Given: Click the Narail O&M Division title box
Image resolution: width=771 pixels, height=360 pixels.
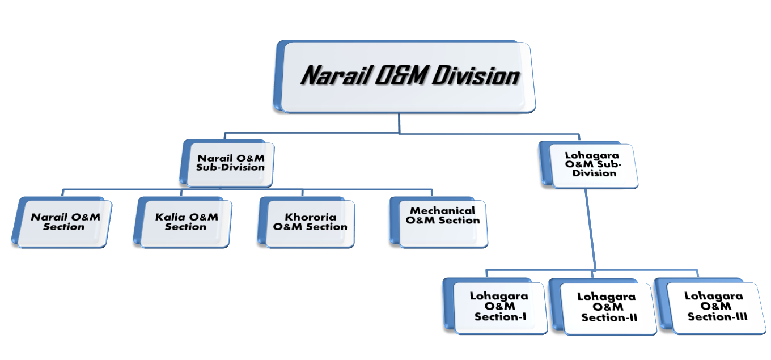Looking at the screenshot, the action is click(x=404, y=77).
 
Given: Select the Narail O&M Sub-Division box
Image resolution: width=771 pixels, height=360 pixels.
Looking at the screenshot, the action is click(x=227, y=163).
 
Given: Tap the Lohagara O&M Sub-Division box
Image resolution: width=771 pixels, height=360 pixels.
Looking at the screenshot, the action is click(x=588, y=164).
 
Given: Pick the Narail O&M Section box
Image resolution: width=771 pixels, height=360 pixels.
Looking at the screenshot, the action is click(x=62, y=222).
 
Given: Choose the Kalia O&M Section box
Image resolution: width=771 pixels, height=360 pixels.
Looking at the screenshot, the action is click(x=183, y=222).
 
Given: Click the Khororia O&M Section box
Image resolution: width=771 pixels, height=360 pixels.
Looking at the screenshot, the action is click(x=306, y=222).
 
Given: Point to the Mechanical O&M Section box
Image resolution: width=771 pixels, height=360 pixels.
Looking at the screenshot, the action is click(x=439, y=222).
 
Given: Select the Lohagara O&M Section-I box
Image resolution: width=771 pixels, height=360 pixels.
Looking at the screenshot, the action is click(x=495, y=306).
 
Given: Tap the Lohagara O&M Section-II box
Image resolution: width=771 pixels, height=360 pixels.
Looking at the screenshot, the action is click(x=603, y=307).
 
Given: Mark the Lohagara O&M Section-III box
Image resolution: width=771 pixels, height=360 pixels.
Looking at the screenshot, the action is click(x=710, y=306).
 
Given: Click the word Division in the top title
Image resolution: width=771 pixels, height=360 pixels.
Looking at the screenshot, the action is click(x=475, y=75).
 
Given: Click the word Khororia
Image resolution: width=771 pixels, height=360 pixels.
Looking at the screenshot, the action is click(x=311, y=217).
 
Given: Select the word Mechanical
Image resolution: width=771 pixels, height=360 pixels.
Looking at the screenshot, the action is click(x=442, y=211).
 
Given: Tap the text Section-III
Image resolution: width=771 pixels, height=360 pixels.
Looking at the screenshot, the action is click(x=718, y=317).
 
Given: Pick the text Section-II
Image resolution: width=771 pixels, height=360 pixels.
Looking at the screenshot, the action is click(x=609, y=317).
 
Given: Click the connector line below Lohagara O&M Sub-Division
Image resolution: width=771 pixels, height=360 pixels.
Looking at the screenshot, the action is click(x=590, y=229).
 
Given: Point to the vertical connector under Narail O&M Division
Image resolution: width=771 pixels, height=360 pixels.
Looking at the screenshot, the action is click(x=399, y=123).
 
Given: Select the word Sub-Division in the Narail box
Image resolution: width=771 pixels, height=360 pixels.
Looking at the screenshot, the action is click(x=230, y=168).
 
